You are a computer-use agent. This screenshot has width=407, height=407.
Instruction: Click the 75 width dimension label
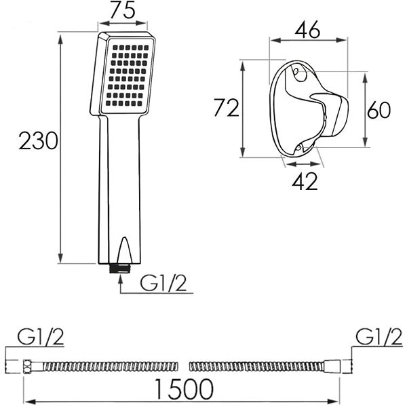[x=123, y=10]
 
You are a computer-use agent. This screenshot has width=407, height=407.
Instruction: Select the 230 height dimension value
[x=39, y=140]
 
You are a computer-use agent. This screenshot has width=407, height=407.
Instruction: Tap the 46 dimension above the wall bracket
[x=307, y=30]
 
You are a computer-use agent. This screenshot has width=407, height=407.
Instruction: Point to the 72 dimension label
[x=226, y=108]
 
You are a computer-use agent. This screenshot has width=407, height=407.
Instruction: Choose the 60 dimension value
[x=379, y=110]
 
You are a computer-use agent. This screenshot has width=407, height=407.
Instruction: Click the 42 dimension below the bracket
[x=305, y=181]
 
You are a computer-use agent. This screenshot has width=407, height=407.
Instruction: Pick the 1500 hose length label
[x=184, y=389]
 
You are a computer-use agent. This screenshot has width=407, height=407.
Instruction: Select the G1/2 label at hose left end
[x=41, y=336]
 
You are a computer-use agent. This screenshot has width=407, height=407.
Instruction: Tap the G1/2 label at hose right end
[x=379, y=336]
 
